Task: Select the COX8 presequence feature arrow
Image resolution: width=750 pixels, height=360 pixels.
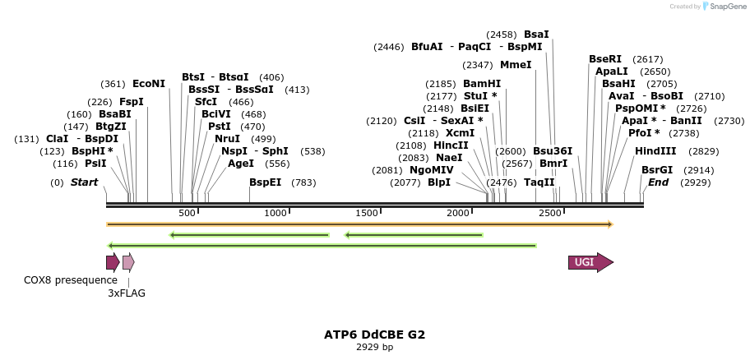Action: pyautogui.click(x=112, y=262)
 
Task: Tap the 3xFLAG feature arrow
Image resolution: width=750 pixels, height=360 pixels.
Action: pyautogui.click(x=127, y=262)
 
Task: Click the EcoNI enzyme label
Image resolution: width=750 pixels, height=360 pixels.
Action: pyautogui.click(x=149, y=84)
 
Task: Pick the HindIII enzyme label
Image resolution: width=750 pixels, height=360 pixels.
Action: pyautogui.click(x=655, y=151)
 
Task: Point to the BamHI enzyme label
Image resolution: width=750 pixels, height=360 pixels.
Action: pyautogui.click(x=482, y=84)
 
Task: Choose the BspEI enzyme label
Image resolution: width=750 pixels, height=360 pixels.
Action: pyautogui.click(x=266, y=182)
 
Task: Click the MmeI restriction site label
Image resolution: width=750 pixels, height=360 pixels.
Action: pyautogui.click(x=516, y=65)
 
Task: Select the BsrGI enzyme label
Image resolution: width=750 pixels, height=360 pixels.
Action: pyautogui.click(x=657, y=170)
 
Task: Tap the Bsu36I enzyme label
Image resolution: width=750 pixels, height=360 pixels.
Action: pyautogui.click(x=553, y=151)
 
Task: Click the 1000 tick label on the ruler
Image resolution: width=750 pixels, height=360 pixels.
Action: pyautogui.click(x=275, y=214)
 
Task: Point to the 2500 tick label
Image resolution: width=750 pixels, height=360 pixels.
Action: pyautogui.click(x=549, y=214)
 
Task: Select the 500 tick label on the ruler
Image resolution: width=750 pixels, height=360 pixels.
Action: pyautogui.click(x=187, y=214)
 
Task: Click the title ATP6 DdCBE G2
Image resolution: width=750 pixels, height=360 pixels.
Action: pyautogui.click(x=374, y=335)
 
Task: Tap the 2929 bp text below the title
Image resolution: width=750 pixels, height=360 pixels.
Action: pyautogui.click(x=374, y=347)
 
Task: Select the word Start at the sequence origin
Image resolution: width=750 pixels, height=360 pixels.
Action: pyautogui.click(x=84, y=182)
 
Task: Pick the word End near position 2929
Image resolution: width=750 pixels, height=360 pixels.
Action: pyautogui.click(x=658, y=182)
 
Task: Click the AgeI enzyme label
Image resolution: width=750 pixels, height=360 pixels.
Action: pyautogui.click(x=241, y=164)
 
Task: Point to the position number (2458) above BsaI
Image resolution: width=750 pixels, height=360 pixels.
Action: pyautogui.click(x=502, y=35)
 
